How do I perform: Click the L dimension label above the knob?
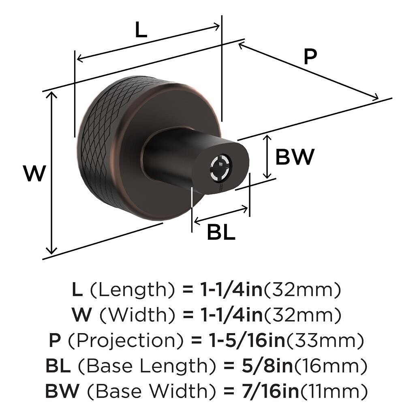click(141, 30)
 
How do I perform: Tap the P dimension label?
click(310, 56)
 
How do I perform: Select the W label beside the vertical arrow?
click(35, 173)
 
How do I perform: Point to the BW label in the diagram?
click(295, 157)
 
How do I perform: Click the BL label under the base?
click(221, 232)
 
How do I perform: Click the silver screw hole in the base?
click(221, 168)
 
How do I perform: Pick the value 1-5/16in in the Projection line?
click(247, 340)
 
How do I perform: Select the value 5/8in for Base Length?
click(267, 366)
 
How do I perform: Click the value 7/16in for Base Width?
click(270, 391)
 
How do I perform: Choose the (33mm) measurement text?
click(325, 340)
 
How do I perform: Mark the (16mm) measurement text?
click(331, 366)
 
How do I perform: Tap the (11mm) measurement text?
click(334, 391)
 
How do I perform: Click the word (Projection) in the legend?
click(126, 341)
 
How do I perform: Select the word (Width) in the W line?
click(137, 315)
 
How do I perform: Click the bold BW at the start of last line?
click(62, 391)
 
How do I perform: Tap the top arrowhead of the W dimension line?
click(51, 95)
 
